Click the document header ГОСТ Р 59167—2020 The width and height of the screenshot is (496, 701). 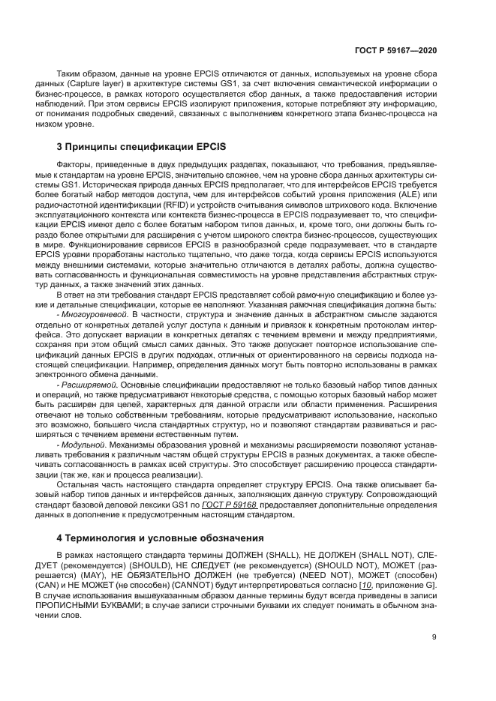[x=398, y=49]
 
